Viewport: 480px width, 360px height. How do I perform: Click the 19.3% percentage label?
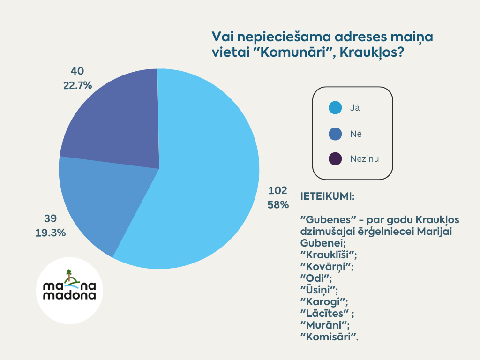coord(51,232)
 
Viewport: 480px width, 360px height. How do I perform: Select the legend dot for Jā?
coord(335,108)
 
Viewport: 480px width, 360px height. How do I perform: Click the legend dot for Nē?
coord(335,134)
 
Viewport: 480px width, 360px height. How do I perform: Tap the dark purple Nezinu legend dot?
coord(335,159)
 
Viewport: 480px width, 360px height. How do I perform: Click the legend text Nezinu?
coord(365,159)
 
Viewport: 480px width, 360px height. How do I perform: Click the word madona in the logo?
coord(69,296)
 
